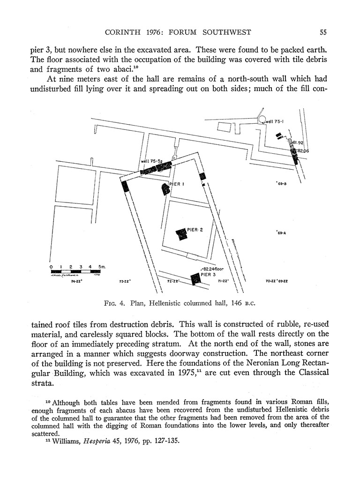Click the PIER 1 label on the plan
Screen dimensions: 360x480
(177, 184)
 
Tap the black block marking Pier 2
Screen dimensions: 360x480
(181, 234)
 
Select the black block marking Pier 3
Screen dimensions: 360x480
(195, 279)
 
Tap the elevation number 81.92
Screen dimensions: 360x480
(298, 142)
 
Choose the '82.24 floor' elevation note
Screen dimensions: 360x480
(212, 269)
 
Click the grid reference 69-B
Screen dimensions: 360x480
(281, 184)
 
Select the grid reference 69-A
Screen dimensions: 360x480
(281, 233)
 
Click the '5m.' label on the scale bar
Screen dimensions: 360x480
(102, 267)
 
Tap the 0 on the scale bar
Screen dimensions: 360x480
(51, 267)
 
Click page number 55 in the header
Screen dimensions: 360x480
(323, 32)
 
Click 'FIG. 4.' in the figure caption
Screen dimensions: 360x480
(115, 303)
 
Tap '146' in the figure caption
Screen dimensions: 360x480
(237, 303)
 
